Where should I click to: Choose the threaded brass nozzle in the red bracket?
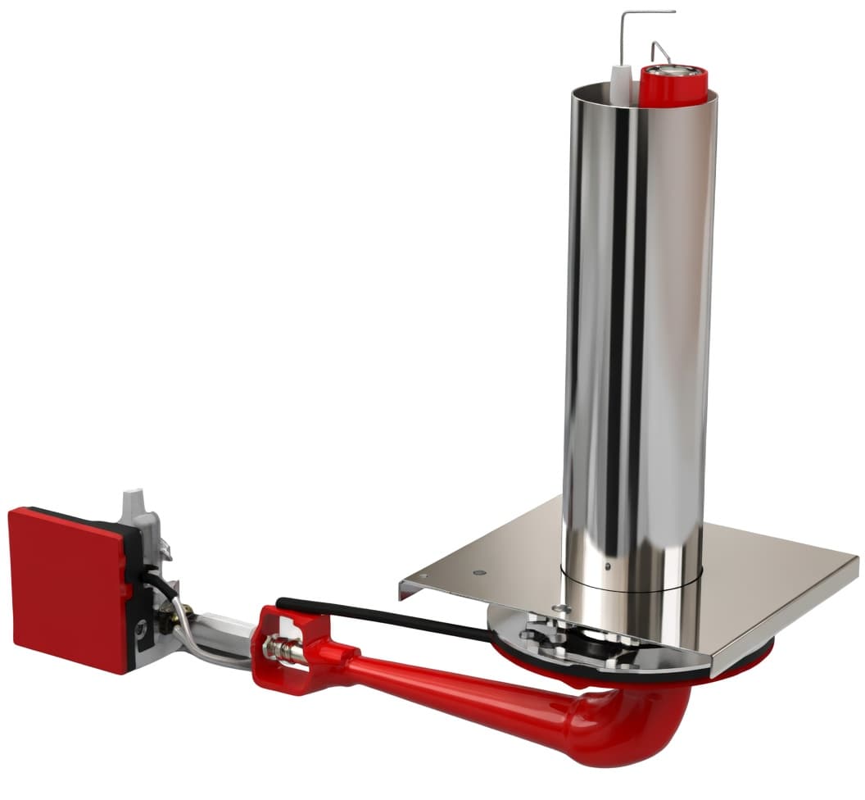click(x=283, y=651)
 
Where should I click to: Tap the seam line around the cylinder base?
click(x=631, y=583)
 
